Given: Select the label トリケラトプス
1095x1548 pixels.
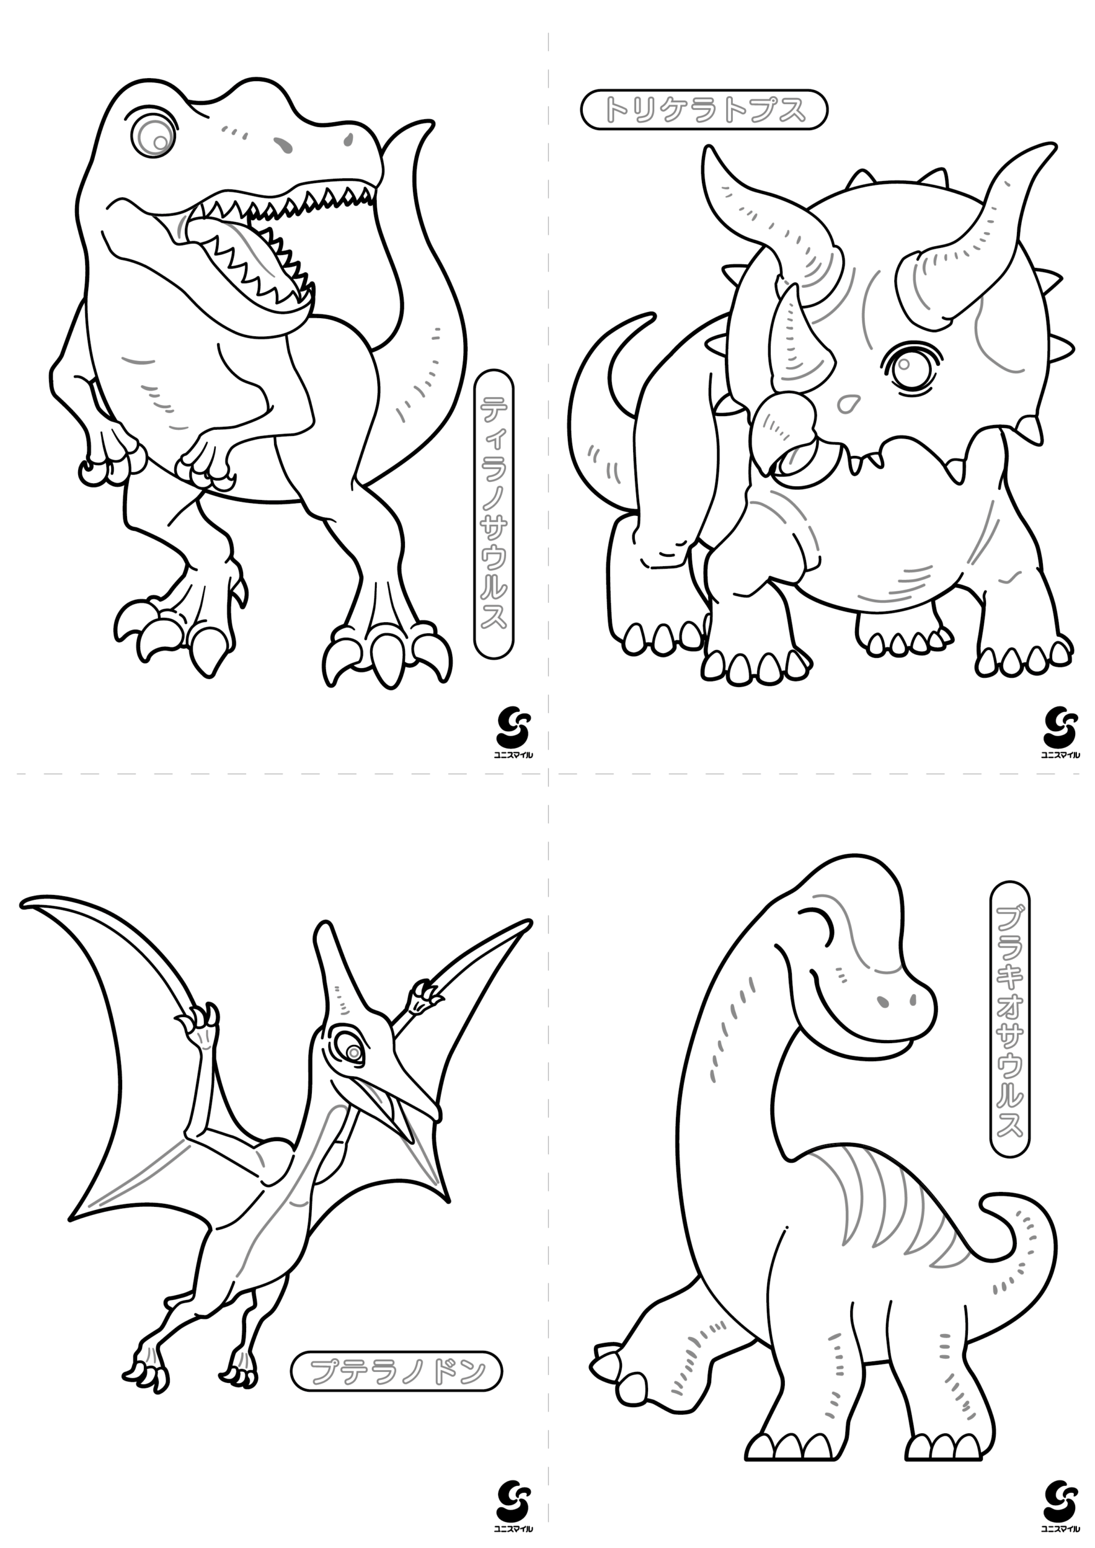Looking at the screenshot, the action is pyautogui.click(x=704, y=109).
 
